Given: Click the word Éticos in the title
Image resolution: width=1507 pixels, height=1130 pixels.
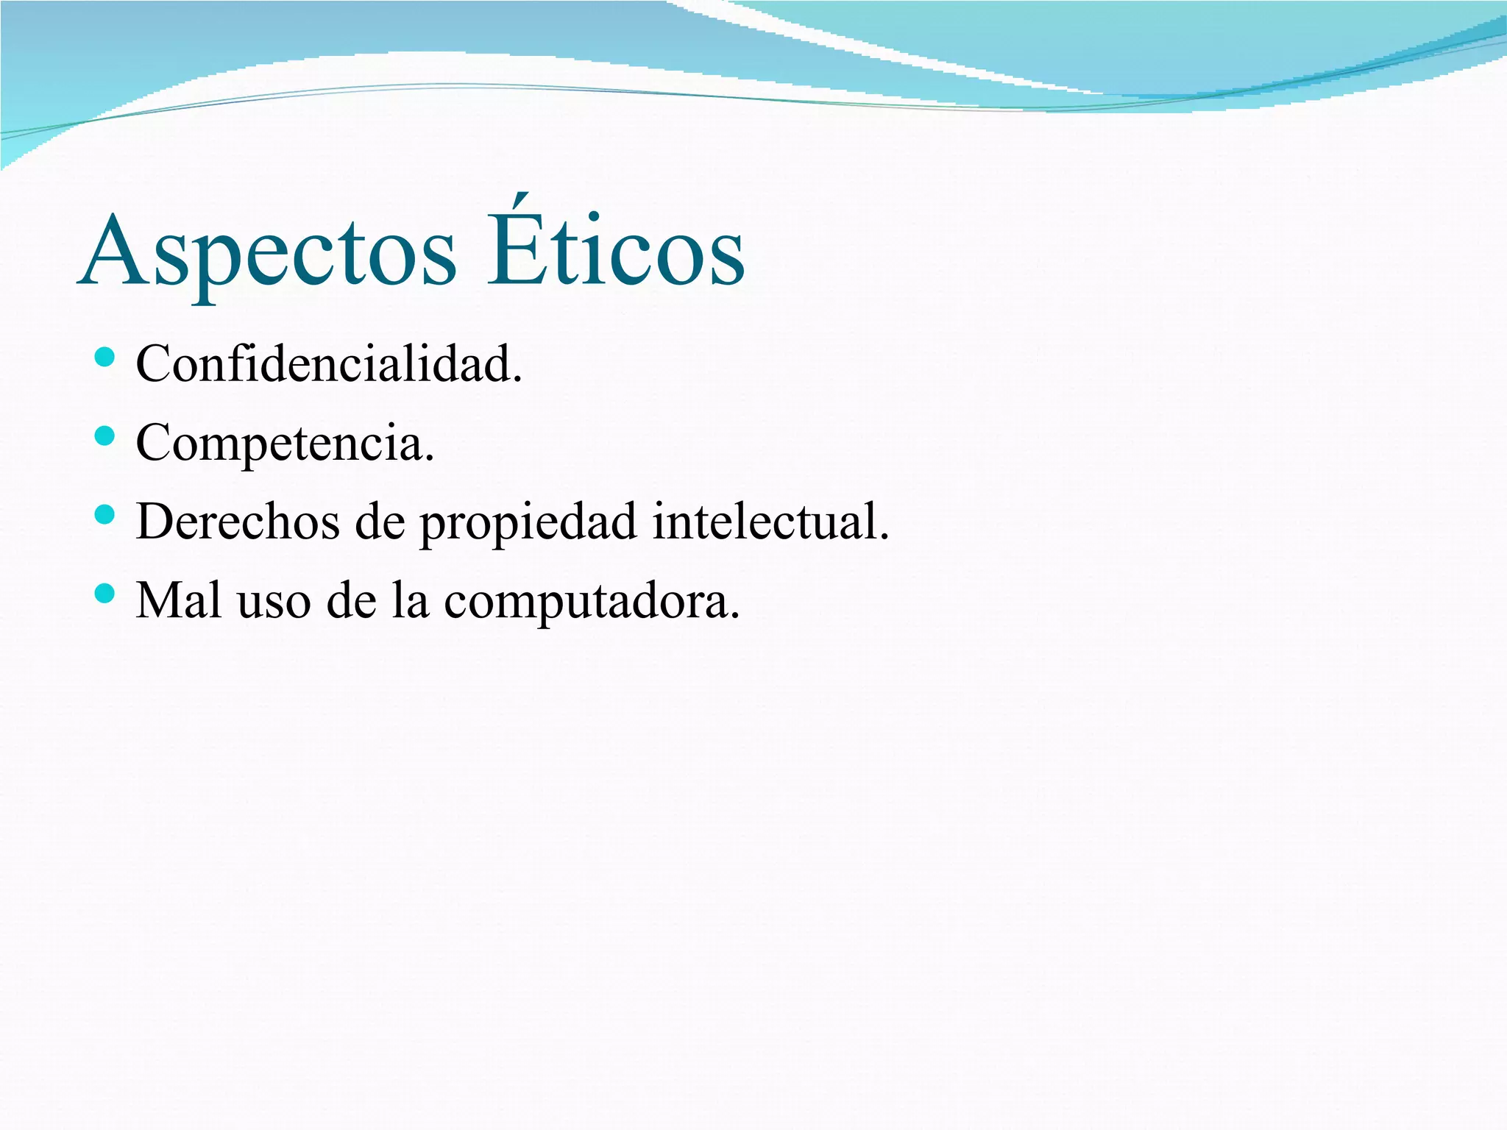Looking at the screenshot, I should click(616, 246).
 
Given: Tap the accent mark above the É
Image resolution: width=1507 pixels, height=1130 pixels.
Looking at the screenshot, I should click(520, 201).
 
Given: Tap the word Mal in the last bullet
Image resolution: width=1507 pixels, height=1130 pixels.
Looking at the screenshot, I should click(179, 600).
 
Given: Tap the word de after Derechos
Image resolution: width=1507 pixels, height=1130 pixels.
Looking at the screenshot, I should click(380, 522).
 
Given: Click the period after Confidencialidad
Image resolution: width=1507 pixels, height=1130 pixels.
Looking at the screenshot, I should click(517, 380).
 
